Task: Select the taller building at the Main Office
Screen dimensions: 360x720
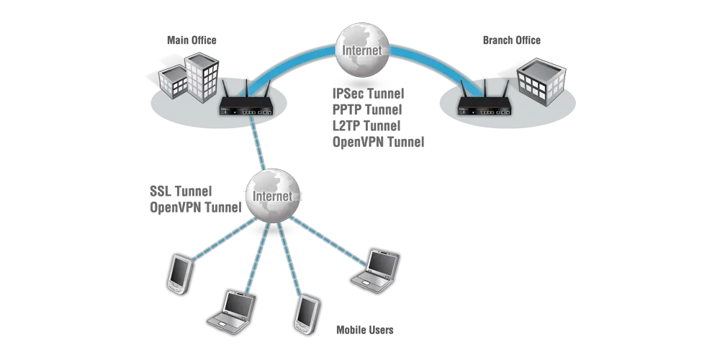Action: [201, 76]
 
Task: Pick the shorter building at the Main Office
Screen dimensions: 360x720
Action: [173, 83]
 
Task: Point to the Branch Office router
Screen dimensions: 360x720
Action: [483, 106]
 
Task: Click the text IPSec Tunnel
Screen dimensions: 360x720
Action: [367, 94]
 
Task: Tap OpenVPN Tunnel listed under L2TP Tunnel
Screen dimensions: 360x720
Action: [379, 143]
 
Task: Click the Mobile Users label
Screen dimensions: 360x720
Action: [366, 330]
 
